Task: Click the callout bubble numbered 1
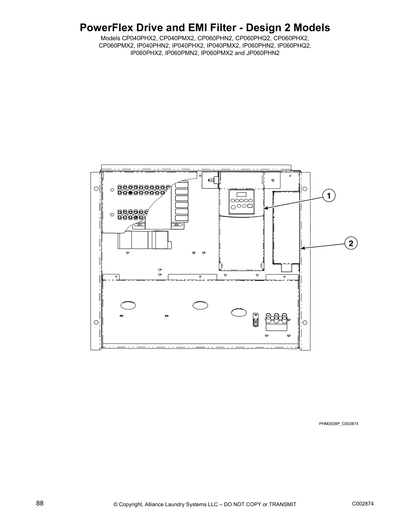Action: [x=329, y=195]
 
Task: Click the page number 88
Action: [x=40, y=503]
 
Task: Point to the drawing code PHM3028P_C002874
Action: [x=339, y=424]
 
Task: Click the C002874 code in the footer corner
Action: [x=363, y=504]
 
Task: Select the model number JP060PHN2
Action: [x=263, y=53]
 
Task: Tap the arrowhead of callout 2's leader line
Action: [x=300, y=248]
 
